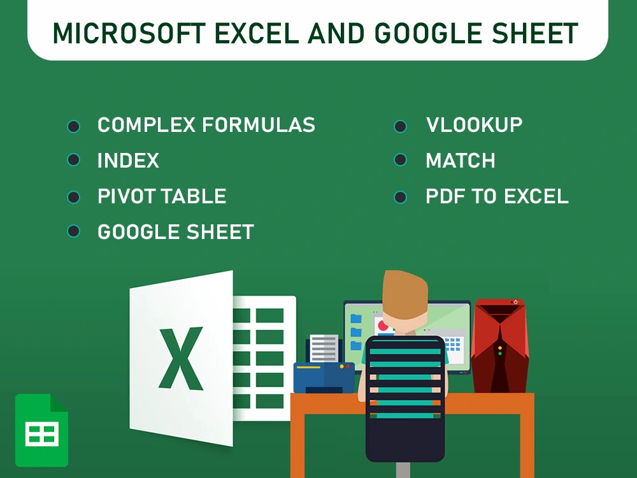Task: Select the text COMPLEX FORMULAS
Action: tap(206, 125)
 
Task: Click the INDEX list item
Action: tap(128, 161)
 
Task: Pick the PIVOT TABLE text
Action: tap(162, 196)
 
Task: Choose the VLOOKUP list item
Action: tap(474, 125)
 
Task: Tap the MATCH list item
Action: tap(460, 161)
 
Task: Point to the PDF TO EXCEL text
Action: tap(497, 196)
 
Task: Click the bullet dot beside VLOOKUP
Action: tap(400, 126)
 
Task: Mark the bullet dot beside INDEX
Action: tap(74, 160)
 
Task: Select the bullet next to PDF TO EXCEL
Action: tap(400, 197)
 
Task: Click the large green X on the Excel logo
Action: tap(181, 358)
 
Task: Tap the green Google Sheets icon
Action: tap(41, 430)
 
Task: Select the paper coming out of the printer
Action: tap(324, 347)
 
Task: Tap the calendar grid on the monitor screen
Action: tap(453, 344)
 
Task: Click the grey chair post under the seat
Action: tap(403, 470)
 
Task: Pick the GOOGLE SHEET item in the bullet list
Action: tap(175, 232)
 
